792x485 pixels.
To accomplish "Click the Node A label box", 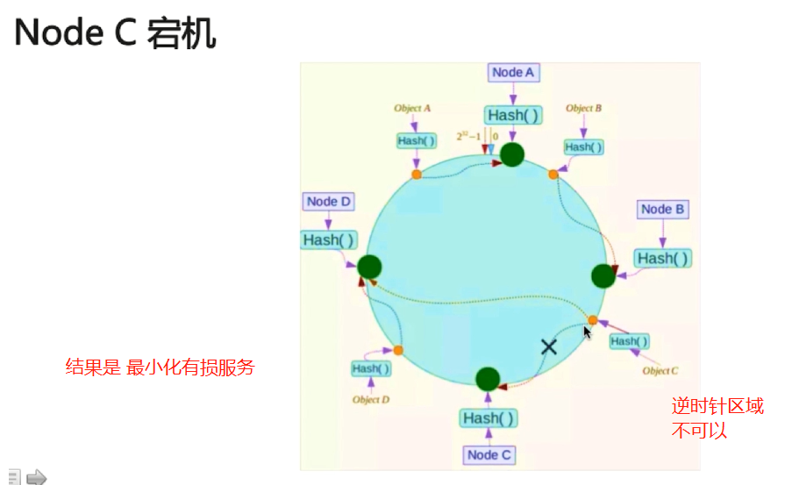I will (x=513, y=73).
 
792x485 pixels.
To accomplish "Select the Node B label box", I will (x=662, y=210).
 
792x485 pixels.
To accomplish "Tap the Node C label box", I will (x=489, y=454).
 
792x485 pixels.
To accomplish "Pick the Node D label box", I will (x=329, y=202).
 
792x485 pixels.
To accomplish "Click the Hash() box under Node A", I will (x=513, y=115).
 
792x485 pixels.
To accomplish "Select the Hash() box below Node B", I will (x=662, y=258).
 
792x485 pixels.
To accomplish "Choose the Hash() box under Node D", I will (x=328, y=239).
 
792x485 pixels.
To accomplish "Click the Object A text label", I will (x=412, y=109).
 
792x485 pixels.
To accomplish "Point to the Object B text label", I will (x=583, y=109).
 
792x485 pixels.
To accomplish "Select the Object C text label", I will (x=660, y=371).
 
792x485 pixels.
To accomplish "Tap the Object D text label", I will (x=371, y=400).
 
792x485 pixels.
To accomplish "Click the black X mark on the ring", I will (x=549, y=346).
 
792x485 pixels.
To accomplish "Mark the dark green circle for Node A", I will (x=512, y=155).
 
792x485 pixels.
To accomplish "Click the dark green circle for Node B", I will (x=603, y=276).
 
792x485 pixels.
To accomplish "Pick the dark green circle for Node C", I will (x=488, y=379).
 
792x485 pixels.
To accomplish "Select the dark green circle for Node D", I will (x=369, y=267).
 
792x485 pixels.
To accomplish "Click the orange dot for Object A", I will (x=417, y=175).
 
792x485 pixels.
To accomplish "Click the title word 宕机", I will (x=183, y=33).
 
